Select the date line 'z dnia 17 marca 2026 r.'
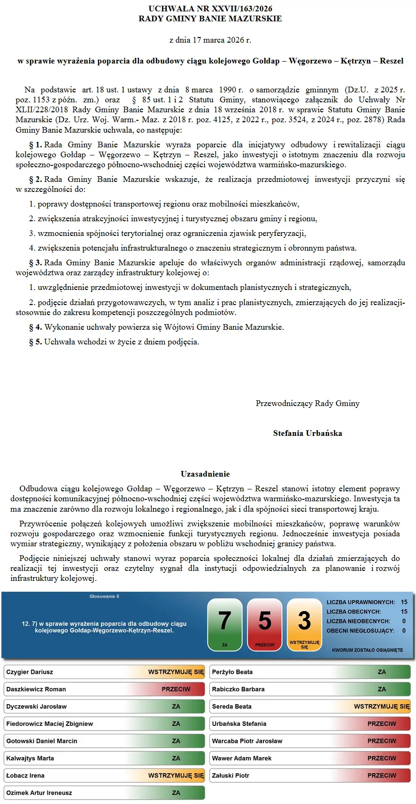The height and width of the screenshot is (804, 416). coord(210,40)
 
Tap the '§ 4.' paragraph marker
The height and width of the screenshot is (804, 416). coord(36,327)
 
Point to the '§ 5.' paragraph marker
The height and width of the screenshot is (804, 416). coord(36,342)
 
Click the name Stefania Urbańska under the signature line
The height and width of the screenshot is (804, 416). coord(307,433)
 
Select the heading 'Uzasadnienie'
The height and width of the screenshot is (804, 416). coord(205,474)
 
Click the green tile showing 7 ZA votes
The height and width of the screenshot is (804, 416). coord(225,624)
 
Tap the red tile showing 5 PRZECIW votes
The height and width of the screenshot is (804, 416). coord(265,624)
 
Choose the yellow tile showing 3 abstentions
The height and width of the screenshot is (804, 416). coord(304,624)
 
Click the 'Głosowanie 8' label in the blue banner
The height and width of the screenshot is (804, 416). coord(104,596)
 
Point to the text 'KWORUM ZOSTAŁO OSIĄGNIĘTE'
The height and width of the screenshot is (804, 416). coord(367,650)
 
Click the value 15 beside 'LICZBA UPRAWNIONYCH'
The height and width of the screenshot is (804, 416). coord(404,602)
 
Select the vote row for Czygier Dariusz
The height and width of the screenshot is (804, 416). coord(104,672)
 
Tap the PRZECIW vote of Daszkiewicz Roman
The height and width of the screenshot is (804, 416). coord(176,689)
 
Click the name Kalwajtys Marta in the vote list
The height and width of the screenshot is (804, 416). coord(30,758)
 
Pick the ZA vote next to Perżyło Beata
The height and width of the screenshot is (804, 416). coord(381,672)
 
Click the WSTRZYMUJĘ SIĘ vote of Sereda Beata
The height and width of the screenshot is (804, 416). coord(381,706)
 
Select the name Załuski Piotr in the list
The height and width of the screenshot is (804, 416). coord(231,776)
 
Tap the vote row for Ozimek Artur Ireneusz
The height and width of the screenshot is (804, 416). coord(104,793)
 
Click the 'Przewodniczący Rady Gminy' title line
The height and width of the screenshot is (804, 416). coord(307,403)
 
